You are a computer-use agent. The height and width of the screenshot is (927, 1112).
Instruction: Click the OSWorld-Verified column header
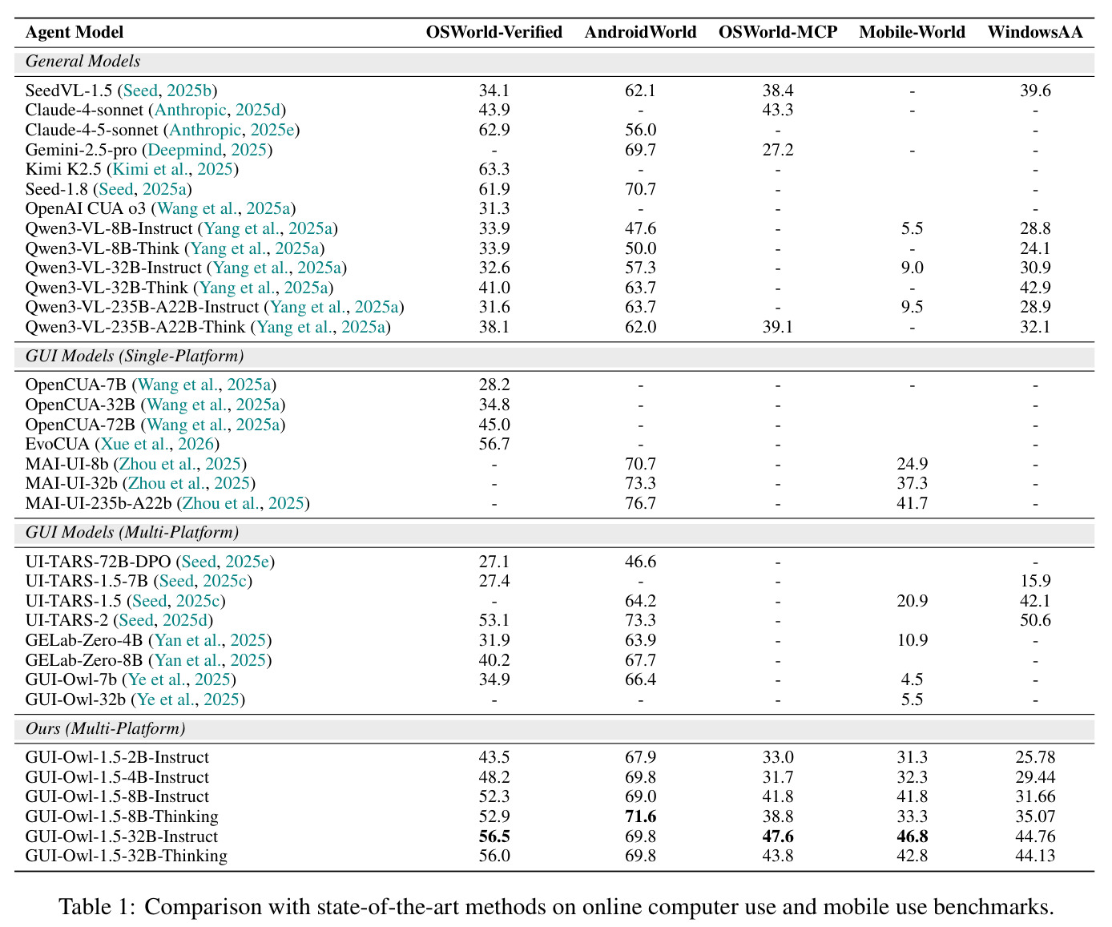tap(494, 32)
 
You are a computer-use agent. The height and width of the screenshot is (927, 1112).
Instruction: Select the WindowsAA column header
tap(1035, 32)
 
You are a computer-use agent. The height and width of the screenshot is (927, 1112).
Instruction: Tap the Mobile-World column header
tap(912, 32)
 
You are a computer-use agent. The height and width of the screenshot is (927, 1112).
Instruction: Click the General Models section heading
tap(83, 61)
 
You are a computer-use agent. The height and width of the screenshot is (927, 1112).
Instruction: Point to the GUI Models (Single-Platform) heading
tap(135, 356)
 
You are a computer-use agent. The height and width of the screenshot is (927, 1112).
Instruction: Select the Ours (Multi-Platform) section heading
tap(106, 728)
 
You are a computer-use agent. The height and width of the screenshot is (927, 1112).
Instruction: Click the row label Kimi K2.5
tap(63, 169)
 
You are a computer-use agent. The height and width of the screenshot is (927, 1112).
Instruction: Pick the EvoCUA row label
tap(58, 445)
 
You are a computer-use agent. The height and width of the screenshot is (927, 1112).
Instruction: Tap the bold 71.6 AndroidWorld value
tap(640, 816)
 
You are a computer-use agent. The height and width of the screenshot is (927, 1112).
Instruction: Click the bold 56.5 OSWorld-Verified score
tap(494, 836)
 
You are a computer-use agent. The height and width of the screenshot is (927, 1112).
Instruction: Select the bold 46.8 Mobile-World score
tap(912, 836)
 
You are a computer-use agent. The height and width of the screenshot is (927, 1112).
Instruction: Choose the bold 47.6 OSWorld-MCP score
tap(778, 836)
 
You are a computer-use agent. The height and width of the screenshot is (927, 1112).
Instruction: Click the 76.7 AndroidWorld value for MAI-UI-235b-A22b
tap(640, 503)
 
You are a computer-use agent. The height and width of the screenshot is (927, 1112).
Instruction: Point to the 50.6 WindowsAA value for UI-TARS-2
tap(1035, 621)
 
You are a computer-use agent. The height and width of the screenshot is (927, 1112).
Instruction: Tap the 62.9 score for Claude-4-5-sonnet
tap(494, 130)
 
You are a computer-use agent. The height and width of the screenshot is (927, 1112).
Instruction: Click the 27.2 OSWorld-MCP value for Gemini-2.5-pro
tap(778, 150)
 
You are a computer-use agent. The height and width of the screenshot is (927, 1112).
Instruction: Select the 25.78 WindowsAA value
tap(1035, 758)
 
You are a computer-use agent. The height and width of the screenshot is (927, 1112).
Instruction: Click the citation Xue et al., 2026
tap(157, 445)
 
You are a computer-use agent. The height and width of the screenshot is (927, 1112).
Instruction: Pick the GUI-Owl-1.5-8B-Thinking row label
tap(122, 816)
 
